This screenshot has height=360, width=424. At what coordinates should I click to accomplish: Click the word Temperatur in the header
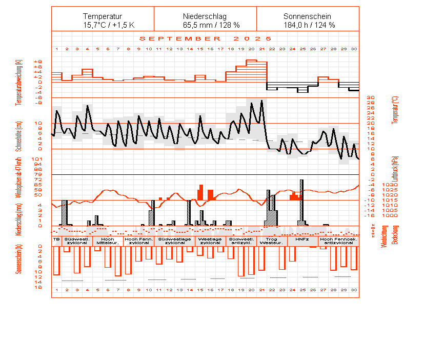click(x=103, y=16)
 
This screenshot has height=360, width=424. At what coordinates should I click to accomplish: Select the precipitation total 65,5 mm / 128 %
click(x=205, y=25)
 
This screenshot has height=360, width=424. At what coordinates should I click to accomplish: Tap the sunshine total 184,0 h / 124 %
click(x=308, y=25)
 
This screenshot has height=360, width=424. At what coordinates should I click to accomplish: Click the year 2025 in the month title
click(x=252, y=38)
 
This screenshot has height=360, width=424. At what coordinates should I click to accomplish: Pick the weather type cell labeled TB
click(x=56, y=239)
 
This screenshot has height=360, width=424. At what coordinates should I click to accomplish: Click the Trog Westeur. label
click(x=272, y=241)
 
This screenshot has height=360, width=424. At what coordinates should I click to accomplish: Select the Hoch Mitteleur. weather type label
click(x=108, y=241)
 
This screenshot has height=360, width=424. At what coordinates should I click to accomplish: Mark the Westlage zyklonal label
click(x=210, y=241)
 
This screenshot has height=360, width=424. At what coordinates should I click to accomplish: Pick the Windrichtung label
click(x=381, y=237)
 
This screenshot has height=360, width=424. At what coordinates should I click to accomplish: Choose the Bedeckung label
click(x=395, y=235)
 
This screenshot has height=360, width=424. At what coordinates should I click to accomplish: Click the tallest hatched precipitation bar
click(x=301, y=202)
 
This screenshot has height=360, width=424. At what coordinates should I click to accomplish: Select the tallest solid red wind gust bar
click(x=201, y=192)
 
